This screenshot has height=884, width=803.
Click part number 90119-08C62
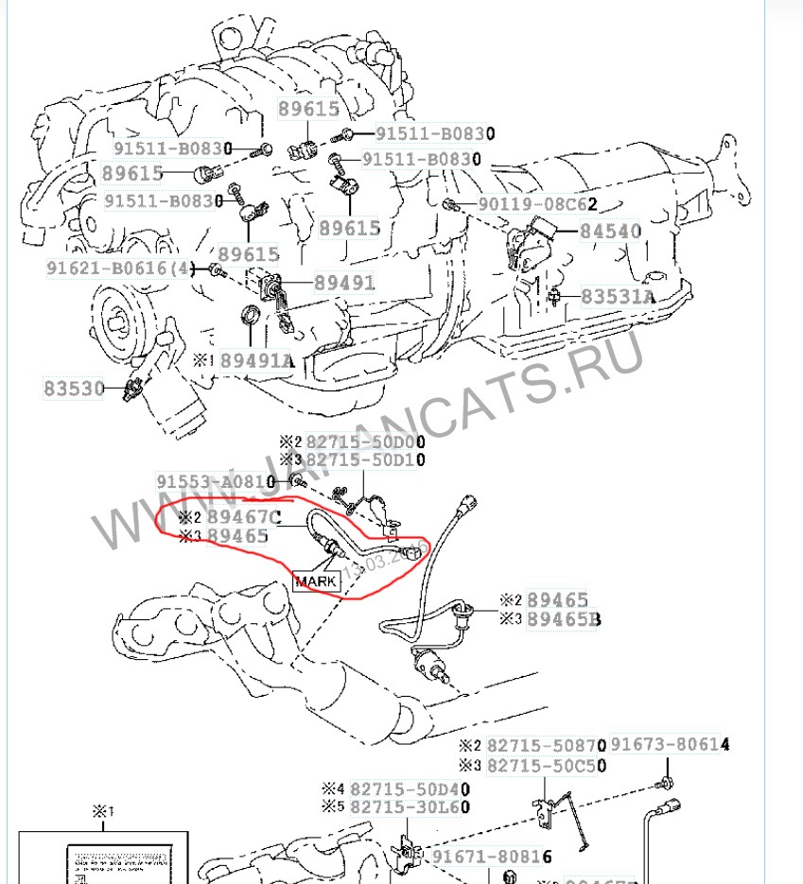[538, 204]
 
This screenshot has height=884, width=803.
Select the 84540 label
[610, 231]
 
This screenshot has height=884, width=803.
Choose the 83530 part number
[74, 388]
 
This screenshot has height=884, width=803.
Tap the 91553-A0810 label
[219, 481]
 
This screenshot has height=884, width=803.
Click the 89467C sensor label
[244, 517]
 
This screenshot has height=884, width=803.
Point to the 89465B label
[564, 619]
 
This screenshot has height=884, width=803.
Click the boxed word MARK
[316, 581]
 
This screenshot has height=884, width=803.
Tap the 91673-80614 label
[670, 746]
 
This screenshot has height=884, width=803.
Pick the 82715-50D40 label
[410, 789]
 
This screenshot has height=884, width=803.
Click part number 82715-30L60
[410, 807]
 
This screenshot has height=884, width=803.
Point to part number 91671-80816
[492, 857]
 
